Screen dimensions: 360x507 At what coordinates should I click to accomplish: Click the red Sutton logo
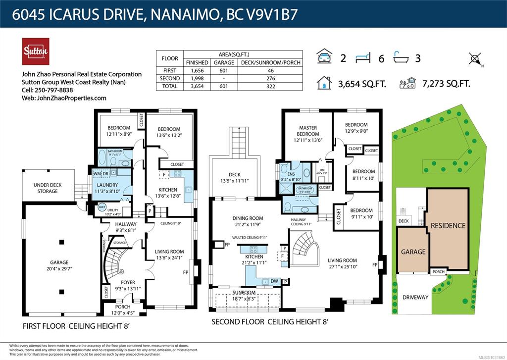point(35,51)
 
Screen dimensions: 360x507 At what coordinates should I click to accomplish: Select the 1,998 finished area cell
point(197,78)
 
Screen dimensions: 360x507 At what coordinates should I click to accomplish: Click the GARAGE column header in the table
point(224,63)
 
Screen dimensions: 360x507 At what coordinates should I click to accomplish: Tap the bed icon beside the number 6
point(363,58)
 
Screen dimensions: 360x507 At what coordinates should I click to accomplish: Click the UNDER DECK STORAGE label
point(48,188)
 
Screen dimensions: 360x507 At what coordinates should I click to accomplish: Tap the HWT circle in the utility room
point(102,207)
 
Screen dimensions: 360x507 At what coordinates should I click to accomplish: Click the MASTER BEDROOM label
point(307,131)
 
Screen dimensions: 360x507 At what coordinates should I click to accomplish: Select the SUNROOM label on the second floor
point(245,293)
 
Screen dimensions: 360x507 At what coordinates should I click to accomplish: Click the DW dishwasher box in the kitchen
point(274,281)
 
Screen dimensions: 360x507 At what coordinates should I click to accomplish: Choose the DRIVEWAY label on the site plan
point(415,297)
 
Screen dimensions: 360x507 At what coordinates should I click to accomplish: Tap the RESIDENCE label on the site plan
point(448,225)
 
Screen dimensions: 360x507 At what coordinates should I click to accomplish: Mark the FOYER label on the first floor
point(121,282)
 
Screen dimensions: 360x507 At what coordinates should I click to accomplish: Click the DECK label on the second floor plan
point(234,174)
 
